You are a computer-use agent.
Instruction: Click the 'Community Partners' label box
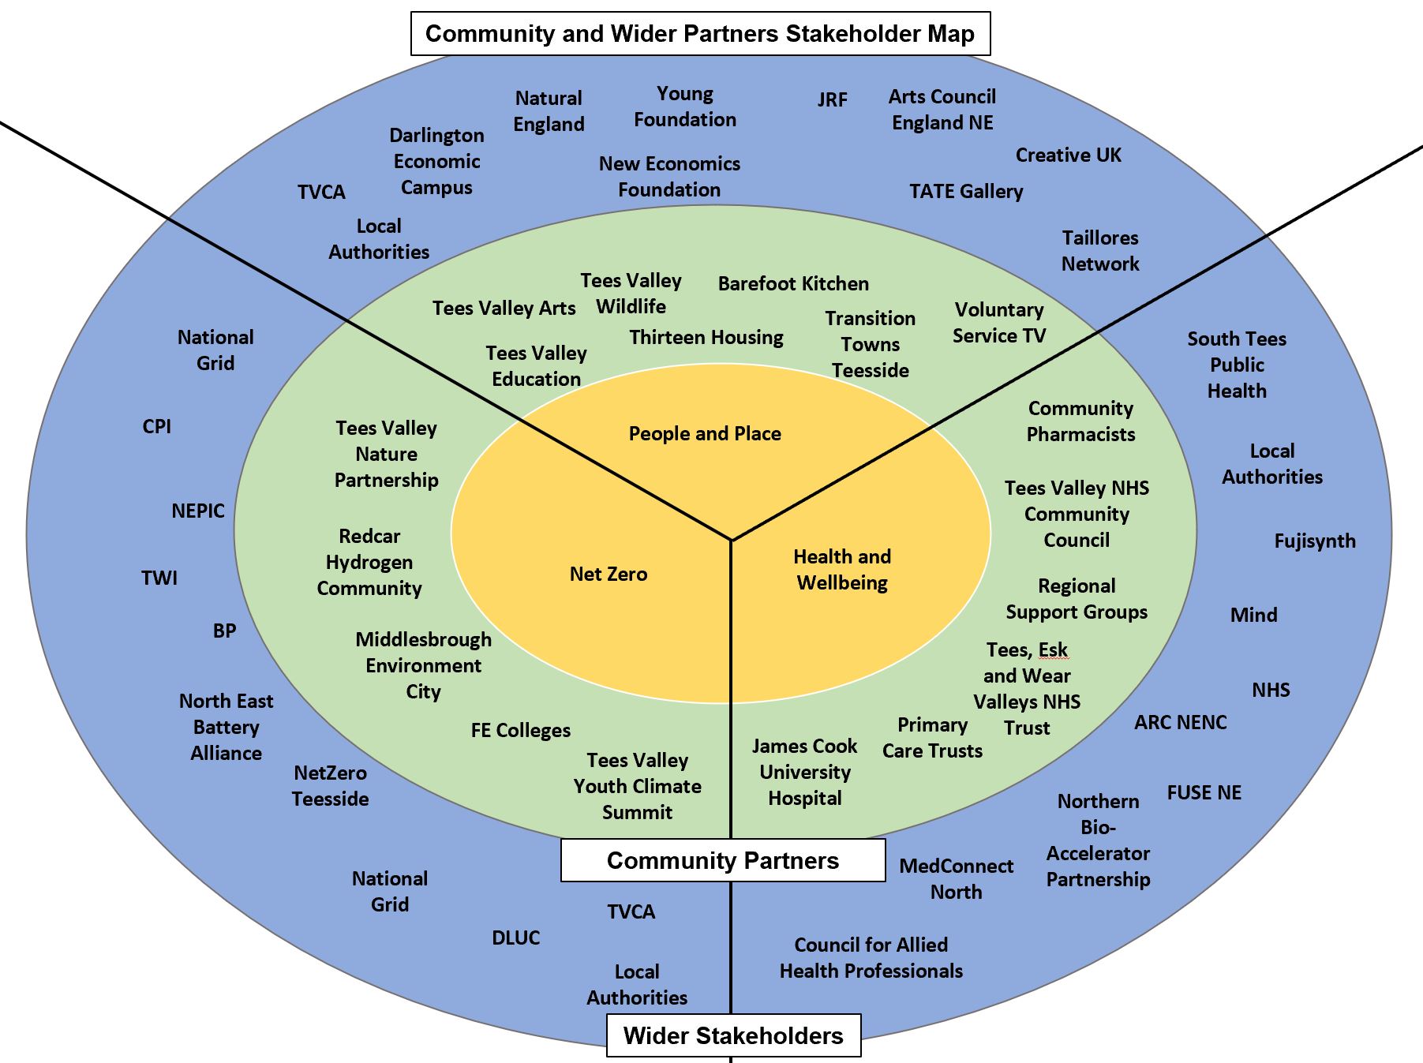click(722, 860)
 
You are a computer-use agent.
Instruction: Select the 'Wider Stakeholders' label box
click(733, 1035)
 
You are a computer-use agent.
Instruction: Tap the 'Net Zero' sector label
click(609, 574)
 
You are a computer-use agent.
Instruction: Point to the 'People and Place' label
click(705, 433)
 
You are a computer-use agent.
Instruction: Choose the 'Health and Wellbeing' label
click(842, 570)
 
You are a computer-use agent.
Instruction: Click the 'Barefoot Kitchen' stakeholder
click(793, 283)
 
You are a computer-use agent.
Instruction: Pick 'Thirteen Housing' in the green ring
click(706, 338)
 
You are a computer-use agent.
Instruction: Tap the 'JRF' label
click(832, 99)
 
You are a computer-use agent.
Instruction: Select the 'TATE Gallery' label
click(966, 192)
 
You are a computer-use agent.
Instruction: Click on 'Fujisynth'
click(1315, 541)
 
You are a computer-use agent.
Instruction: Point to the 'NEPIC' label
click(198, 511)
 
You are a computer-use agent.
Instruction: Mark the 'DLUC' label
click(516, 938)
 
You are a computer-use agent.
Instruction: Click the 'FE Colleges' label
click(521, 731)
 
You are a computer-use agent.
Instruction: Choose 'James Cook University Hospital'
click(804, 772)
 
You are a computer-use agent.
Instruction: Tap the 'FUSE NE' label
click(1204, 792)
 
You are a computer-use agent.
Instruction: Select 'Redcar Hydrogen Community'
click(369, 562)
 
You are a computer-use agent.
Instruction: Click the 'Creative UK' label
click(1068, 155)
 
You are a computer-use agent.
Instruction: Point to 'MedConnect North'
click(956, 879)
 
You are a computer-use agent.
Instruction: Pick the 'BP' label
click(224, 631)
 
